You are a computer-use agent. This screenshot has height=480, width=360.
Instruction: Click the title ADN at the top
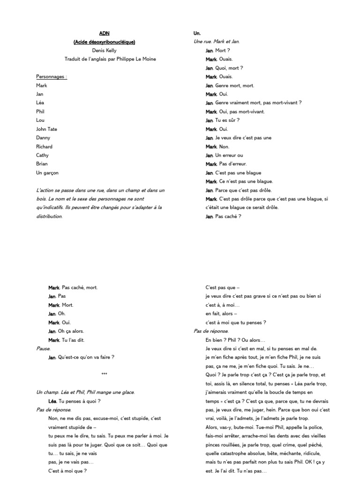[x=104, y=33]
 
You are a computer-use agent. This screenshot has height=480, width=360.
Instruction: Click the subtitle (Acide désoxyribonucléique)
[x=104, y=42]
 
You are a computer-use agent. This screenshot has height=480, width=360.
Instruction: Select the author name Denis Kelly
[x=104, y=51]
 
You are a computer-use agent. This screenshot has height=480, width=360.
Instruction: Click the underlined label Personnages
[x=52, y=76]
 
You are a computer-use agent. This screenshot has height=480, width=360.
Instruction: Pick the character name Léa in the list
[x=41, y=103]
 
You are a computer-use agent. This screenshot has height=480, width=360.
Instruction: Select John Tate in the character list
[x=47, y=129]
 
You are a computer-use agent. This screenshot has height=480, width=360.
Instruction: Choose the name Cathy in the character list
[x=42, y=155]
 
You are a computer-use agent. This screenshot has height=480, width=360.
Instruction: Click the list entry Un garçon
[x=47, y=172]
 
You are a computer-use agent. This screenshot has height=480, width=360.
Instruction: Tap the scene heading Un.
[x=197, y=33]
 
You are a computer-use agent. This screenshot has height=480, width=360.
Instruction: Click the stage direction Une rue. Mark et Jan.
[x=217, y=42]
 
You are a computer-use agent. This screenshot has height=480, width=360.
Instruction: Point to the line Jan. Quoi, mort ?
[x=224, y=68]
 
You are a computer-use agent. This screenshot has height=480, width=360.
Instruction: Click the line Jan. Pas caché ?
[x=223, y=216]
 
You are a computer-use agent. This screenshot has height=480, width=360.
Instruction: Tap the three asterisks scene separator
[x=104, y=374]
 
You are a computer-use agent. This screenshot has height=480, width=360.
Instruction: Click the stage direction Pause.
[x=43, y=349]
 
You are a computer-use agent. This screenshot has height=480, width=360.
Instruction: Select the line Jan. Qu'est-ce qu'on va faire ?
[x=81, y=357]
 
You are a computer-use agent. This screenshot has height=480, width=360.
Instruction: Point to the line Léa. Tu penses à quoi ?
[x=74, y=401]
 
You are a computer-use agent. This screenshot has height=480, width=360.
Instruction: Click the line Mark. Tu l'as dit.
[x=66, y=340]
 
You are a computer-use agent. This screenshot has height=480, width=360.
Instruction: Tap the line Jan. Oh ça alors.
[x=66, y=331]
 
